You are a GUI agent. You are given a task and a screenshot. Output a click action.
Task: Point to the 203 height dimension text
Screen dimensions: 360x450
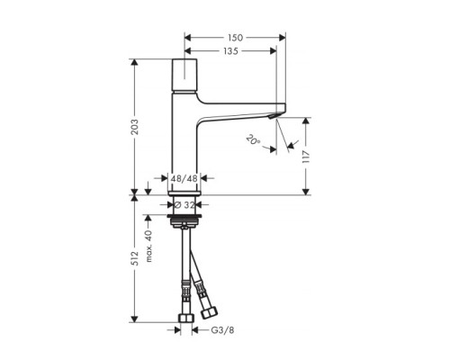pos(135,127)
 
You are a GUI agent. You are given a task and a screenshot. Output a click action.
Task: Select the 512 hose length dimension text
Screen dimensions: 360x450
pos(135,258)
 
